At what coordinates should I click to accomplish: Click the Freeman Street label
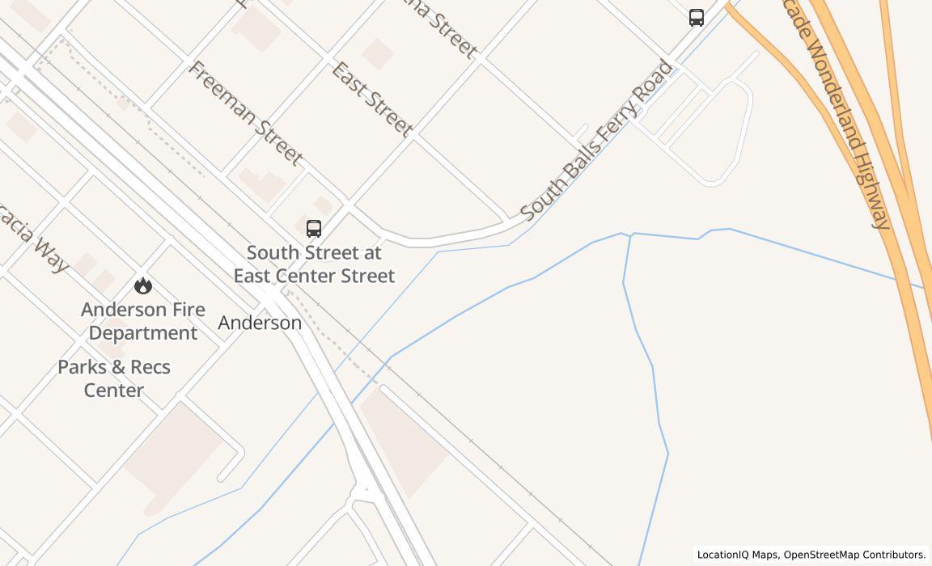(x=245, y=112)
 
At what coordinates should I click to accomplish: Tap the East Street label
(x=372, y=99)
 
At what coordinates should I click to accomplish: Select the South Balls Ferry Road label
(x=596, y=140)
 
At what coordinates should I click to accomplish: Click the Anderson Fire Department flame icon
(x=143, y=285)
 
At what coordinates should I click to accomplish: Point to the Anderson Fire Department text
(x=143, y=321)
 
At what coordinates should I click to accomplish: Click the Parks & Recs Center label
(x=114, y=378)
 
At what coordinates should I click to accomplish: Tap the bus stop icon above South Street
(x=314, y=229)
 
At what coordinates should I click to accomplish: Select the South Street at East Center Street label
(x=314, y=264)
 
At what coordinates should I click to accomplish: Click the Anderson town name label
(x=260, y=323)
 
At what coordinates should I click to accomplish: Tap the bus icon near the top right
(x=697, y=18)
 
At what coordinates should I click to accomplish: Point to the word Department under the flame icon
(x=143, y=333)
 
